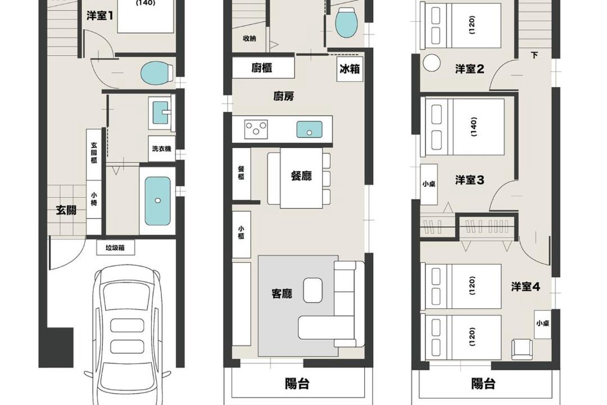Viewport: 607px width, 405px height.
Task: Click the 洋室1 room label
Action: (100, 16)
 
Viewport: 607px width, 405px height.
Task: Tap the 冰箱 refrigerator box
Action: (350, 69)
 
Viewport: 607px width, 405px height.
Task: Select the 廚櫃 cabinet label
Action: (262, 68)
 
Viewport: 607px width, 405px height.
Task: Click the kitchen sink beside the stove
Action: (309, 129)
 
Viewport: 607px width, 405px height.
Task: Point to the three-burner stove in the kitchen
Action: (256, 129)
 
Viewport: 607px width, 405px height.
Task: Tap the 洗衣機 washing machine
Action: (161, 148)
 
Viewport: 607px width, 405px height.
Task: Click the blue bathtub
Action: (157, 201)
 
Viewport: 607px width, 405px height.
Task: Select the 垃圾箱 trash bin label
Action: (115, 248)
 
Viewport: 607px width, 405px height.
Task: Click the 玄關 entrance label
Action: (66, 210)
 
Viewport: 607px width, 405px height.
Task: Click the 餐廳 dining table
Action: (302, 178)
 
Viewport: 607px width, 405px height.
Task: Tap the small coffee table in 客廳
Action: (313, 290)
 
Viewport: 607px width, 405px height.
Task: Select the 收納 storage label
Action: (250, 38)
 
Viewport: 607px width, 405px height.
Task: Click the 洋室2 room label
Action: (469, 69)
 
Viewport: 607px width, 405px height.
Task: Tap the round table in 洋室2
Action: (432, 63)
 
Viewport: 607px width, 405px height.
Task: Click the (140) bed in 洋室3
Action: (463, 127)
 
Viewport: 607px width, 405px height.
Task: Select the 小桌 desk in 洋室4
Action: (542, 324)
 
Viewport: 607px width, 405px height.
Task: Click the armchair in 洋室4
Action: (522, 349)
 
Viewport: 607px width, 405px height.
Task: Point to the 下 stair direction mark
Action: (534, 55)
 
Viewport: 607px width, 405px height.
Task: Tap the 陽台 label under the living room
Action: (297, 384)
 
